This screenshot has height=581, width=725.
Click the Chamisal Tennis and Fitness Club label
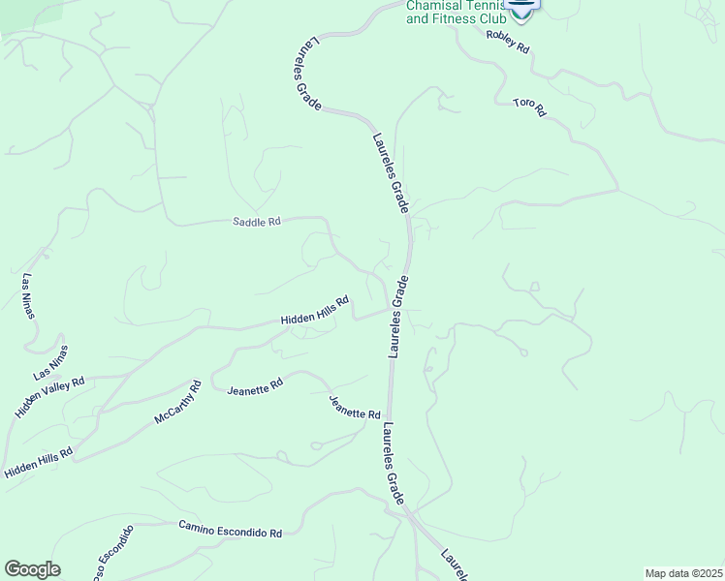point(455,11)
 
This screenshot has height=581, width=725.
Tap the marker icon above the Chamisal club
point(521,6)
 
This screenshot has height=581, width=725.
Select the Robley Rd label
point(508,40)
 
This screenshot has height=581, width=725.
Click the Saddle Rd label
point(257,222)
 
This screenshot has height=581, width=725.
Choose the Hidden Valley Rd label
point(50,397)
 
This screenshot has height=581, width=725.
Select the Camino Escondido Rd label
point(230,529)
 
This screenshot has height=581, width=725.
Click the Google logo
point(32,569)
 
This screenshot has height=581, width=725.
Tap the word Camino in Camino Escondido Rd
point(198,526)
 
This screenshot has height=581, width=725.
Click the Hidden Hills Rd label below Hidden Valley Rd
point(39,463)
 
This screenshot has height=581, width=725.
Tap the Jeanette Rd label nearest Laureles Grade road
point(354,408)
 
